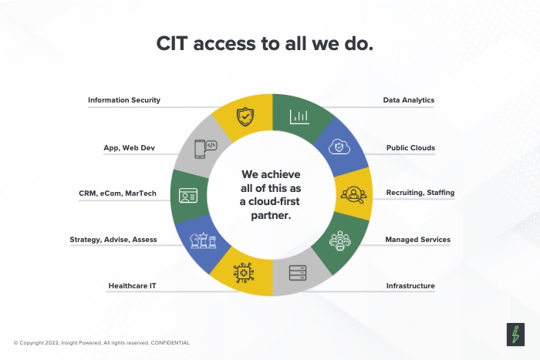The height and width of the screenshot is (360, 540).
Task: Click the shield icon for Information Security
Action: (x=245, y=116)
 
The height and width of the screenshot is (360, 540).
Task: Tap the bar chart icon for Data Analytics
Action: (x=299, y=116)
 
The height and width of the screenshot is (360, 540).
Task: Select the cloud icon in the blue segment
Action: (x=339, y=147)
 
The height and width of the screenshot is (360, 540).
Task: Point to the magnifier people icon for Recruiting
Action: (x=353, y=195)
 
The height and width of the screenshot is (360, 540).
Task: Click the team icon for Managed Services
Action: (x=340, y=241)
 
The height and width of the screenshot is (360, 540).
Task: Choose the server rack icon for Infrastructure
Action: (x=298, y=273)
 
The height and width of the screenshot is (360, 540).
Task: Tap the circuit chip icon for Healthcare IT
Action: (x=244, y=273)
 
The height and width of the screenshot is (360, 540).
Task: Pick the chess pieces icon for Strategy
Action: (x=204, y=241)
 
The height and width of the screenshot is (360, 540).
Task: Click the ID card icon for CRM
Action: (x=188, y=196)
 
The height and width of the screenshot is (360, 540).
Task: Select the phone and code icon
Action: (x=206, y=149)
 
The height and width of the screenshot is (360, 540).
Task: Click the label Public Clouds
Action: (x=410, y=148)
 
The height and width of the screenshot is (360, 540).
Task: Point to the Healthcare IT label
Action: (x=132, y=286)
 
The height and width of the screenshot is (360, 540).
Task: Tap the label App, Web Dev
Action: (x=129, y=148)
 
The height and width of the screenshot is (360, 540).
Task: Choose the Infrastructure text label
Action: (x=410, y=286)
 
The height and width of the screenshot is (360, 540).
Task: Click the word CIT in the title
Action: (x=172, y=44)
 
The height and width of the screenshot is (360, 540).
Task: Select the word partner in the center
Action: (x=271, y=216)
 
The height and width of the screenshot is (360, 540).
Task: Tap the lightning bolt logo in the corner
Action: (x=515, y=335)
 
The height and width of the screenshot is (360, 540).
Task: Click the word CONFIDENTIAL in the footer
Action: (x=170, y=343)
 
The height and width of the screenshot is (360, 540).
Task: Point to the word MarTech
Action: (x=140, y=193)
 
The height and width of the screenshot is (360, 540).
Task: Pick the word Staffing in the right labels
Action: (x=440, y=193)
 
